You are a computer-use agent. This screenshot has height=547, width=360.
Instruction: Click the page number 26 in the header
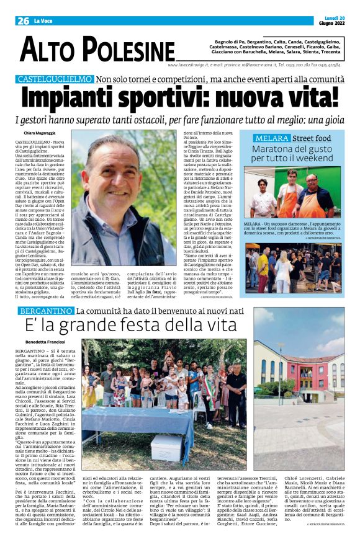point(23,20)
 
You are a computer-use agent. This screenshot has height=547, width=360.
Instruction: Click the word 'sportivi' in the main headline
point(178,98)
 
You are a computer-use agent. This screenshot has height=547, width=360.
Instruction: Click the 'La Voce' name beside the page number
point(43,20)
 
